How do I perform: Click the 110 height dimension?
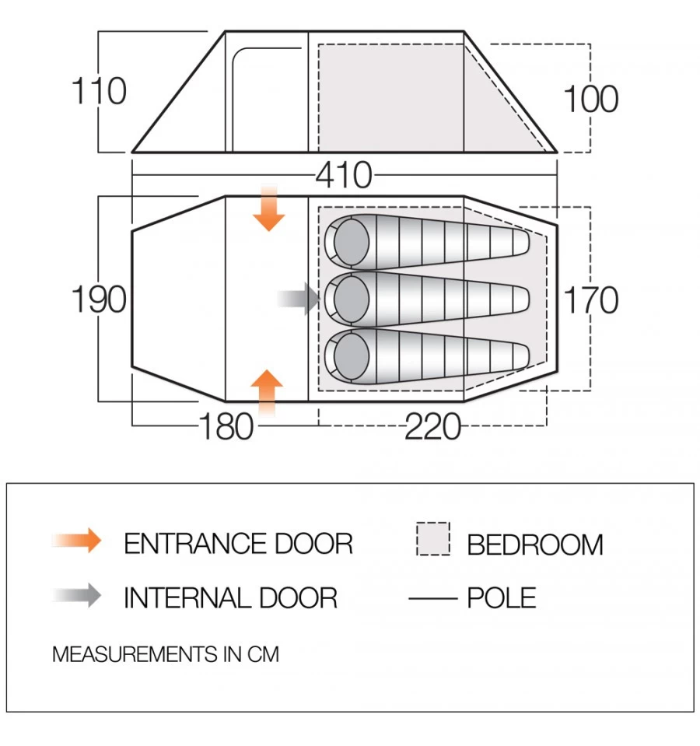[99, 91]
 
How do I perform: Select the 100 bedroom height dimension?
[590, 100]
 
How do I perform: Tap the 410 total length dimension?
[344, 176]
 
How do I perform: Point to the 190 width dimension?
[99, 299]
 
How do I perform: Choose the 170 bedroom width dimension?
[590, 300]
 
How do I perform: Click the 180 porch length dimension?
[226, 426]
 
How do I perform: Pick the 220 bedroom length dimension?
[432, 426]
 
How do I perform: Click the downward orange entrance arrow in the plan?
[269, 208]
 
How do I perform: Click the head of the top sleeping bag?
[351, 239]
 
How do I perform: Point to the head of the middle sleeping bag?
[351, 296]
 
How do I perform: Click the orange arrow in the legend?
[77, 541]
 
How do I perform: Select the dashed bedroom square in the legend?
[433, 539]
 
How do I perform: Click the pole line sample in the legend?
[432, 598]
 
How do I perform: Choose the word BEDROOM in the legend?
[535, 545]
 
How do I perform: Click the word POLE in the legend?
[502, 598]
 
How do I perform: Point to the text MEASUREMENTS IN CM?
[165, 654]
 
